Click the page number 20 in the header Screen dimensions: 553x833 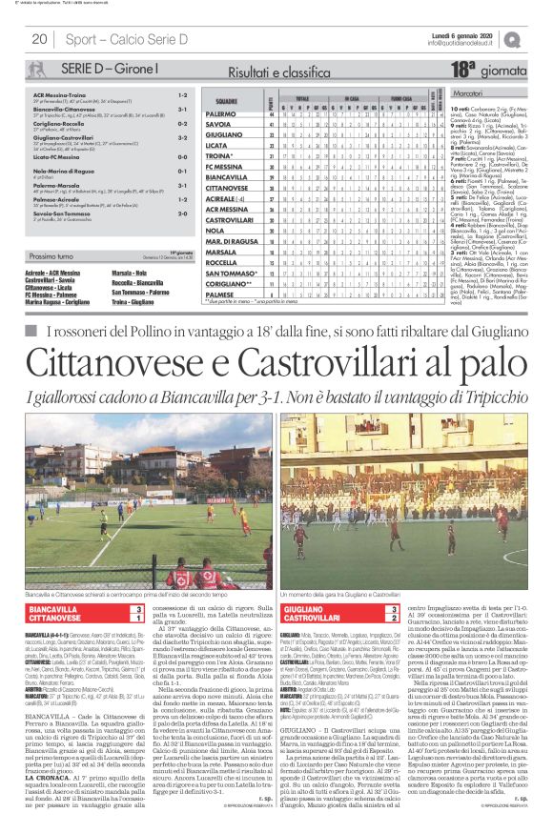click(x=40, y=39)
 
